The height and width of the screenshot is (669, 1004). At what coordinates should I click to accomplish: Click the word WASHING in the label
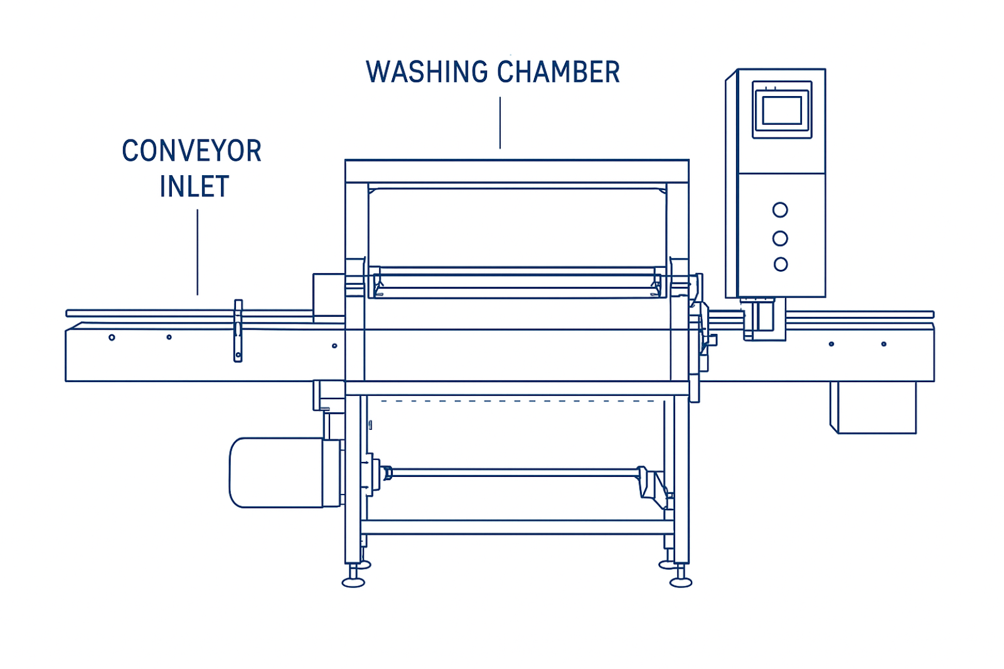point(427,72)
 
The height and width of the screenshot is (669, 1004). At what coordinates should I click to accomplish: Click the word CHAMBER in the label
point(558,72)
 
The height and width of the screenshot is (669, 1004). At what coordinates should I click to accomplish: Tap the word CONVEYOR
point(191,151)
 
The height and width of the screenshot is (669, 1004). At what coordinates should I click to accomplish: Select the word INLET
point(194,187)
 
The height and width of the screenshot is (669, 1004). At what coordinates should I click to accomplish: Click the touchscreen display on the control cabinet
point(781,110)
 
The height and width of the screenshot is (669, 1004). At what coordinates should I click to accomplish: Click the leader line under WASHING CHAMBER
point(500,122)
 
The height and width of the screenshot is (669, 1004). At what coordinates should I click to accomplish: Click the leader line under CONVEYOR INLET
point(198,251)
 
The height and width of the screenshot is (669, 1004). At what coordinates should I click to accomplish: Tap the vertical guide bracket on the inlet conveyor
point(238,331)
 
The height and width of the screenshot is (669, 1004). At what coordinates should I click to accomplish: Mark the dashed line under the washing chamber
point(515,400)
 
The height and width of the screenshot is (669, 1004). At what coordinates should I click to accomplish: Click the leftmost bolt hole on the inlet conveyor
point(112,338)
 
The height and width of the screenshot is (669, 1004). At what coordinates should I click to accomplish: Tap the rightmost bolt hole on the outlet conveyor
point(884,344)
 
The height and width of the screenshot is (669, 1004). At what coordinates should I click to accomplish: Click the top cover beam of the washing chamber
point(516,171)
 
